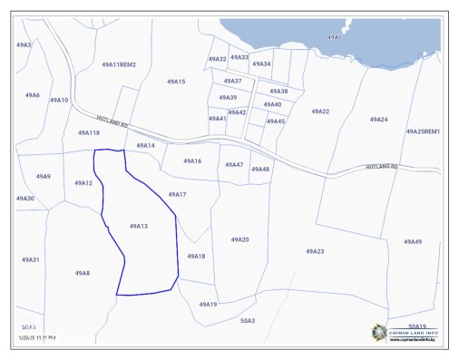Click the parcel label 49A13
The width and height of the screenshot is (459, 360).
click(x=139, y=226)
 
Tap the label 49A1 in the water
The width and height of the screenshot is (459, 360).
click(x=335, y=37)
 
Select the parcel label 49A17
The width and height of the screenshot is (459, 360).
click(x=177, y=194)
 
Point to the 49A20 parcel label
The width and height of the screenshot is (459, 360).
click(x=239, y=239)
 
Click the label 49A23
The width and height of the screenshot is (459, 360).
click(x=315, y=251)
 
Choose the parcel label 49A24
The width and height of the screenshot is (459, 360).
click(x=378, y=120)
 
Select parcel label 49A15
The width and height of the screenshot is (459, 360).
click(x=176, y=82)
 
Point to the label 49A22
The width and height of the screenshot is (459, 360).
click(x=320, y=112)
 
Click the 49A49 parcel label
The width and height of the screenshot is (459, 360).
click(x=413, y=241)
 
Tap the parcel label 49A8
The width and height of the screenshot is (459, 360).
click(x=83, y=273)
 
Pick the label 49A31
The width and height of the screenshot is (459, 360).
click(x=31, y=259)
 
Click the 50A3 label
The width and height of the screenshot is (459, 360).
click(x=248, y=320)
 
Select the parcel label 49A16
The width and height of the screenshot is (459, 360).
click(x=192, y=161)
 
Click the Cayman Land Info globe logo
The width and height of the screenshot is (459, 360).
click(x=377, y=333)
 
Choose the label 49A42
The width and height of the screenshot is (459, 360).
click(x=238, y=112)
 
